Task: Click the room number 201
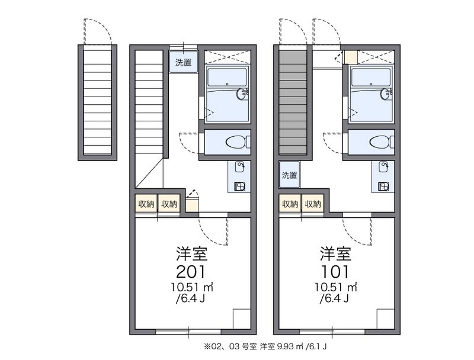191,271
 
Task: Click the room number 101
335,271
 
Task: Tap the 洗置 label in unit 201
183,62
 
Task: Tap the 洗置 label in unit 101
289,175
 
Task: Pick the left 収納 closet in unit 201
146,204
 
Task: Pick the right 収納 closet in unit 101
312,204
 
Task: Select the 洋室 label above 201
191,253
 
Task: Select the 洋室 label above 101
335,253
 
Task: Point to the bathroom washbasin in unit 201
242,94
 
